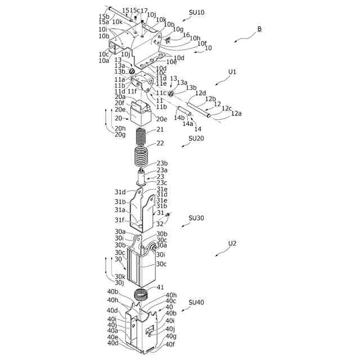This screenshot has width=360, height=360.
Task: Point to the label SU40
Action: (x=196, y=302)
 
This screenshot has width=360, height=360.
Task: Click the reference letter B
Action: (x=259, y=29)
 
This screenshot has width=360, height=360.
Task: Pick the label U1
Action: (x=232, y=72)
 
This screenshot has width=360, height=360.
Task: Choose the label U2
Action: (x=232, y=244)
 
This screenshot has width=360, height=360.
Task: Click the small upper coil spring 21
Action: (x=142, y=136)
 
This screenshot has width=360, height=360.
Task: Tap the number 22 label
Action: (x=160, y=143)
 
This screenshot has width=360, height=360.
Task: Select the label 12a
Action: (x=236, y=114)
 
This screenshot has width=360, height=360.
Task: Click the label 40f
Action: (x=170, y=345)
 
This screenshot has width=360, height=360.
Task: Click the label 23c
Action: (x=161, y=182)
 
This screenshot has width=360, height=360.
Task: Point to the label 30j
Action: (x=119, y=282)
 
